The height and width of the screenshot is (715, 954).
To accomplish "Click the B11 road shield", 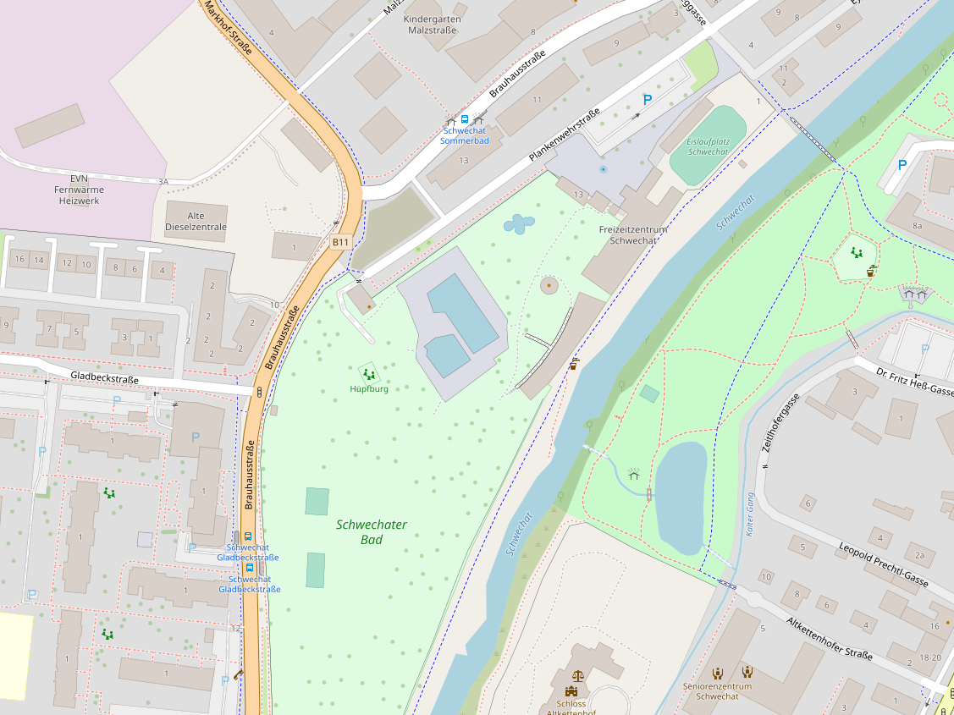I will pos(339,242).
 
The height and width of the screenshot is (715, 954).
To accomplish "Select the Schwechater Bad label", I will pos(371,531).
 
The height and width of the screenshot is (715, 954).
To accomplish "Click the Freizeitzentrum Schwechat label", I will pos(633,234).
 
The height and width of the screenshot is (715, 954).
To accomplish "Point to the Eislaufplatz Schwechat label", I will pos(708,146).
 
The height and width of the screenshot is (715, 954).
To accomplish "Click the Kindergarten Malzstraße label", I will pos(433,24).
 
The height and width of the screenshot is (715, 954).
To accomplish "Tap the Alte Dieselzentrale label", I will pos(196,221).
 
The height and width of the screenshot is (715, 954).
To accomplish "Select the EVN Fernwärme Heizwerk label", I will pos(78,190).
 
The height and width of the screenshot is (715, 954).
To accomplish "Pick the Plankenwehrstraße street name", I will pos(564,135).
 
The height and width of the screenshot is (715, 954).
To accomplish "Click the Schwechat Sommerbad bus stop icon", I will pos(464,119).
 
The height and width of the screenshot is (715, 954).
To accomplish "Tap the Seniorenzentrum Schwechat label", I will pos(717,690).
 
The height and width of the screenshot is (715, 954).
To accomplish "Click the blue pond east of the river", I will pos(681,496).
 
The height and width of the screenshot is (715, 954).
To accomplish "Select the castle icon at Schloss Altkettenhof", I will pos(578,677).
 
